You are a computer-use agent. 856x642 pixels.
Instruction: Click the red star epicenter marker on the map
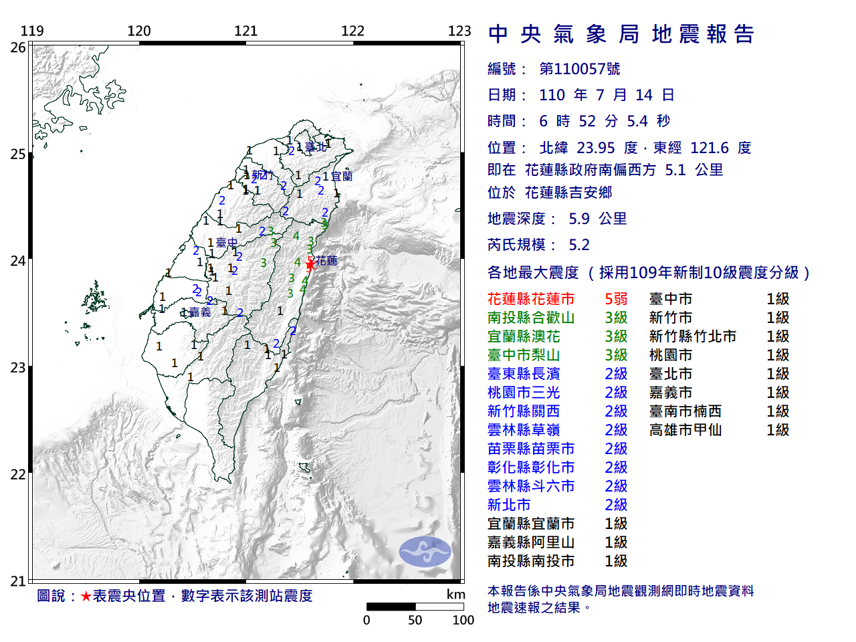(310, 265)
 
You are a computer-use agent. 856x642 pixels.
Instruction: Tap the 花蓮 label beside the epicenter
(326, 260)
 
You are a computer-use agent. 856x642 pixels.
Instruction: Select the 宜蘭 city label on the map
(342, 177)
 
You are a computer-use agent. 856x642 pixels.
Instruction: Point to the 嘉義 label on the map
(199, 312)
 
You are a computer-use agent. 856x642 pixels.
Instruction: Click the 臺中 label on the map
(227, 243)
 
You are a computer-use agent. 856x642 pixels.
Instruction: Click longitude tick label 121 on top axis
(245, 31)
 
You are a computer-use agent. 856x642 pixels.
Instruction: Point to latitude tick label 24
(17, 261)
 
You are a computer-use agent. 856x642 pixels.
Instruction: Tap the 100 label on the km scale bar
(463, 620)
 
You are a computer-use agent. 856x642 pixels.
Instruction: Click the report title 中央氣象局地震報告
(621, 34)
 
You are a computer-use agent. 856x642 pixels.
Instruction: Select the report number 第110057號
(580, 69)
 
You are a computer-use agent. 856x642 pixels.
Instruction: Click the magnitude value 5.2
(579, 245)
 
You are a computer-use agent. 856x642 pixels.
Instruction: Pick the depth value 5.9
(579, 219)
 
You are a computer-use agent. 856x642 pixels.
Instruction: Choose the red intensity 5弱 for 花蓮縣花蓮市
(616, 299)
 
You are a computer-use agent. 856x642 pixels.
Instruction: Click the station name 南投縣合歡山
(531, 318)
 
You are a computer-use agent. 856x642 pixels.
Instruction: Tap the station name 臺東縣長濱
(524, 374)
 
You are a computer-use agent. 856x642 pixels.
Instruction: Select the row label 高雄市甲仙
(685, 430)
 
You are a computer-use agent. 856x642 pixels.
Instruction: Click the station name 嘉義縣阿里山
(531, 542)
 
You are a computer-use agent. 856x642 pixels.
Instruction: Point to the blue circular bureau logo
(425, 552)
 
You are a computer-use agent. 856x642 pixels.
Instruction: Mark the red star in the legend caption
(86, 596)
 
